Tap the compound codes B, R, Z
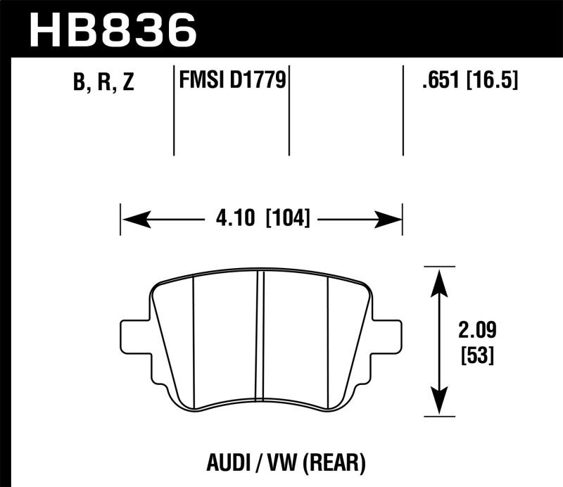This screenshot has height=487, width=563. pos(103,84)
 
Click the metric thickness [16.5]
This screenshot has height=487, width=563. pos(491,82)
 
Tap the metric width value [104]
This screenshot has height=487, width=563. pos(287,219)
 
